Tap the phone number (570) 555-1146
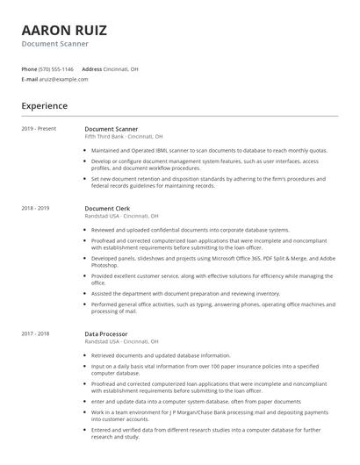coord(57,69)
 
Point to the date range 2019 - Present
coord(39,129)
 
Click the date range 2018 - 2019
coord(35,208)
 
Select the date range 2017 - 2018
coord(35,334)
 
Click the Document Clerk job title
coord(107,208)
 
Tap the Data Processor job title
coord(106,334)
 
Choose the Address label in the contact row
coord(92,69)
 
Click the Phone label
coord(29,69)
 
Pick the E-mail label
coord(30,79)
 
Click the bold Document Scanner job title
coord(111,129)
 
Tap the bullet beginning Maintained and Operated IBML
coord(208,150)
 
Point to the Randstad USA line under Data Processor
coord(121,342)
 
